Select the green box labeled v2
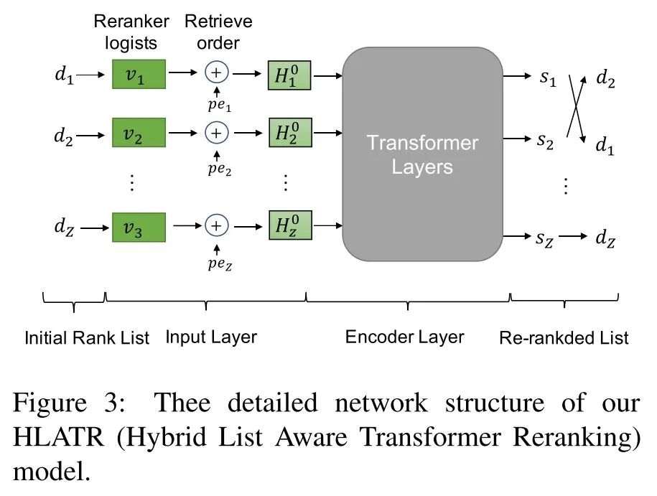(x=139, y=134)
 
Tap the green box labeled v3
(x=139, y=227)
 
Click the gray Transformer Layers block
(x=422, y=154)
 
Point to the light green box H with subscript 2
(x=289, y=134)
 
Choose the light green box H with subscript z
(x=289, y=226)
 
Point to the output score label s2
(x=547, y=141)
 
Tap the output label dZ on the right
(x=605, y=238)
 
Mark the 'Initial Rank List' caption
(x=87, y=338)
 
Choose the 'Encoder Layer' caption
(x=405, y=337)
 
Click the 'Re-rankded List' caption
(x=564, y=338)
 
